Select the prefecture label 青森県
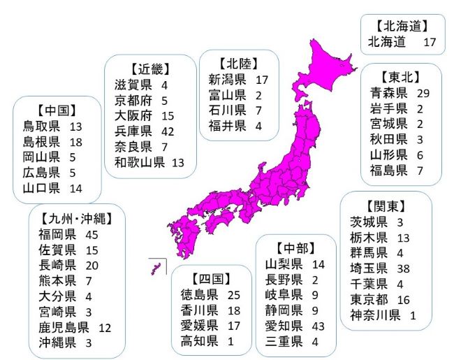pyautogui.click(x=389, y=93)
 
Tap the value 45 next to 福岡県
pyautogui.click(x=91, y=234)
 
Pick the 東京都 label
pyautogui.click(x=368, y=300)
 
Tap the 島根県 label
pyautogui.click(x=41, y=142)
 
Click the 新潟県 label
pyautogui.click(x=227, y=80)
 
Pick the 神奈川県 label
pyautogui.click(x=375, y=315)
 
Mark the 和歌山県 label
pyautogui.click(x=140, y=163)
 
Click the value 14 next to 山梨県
pyautogui.click(x=319, y=264)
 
